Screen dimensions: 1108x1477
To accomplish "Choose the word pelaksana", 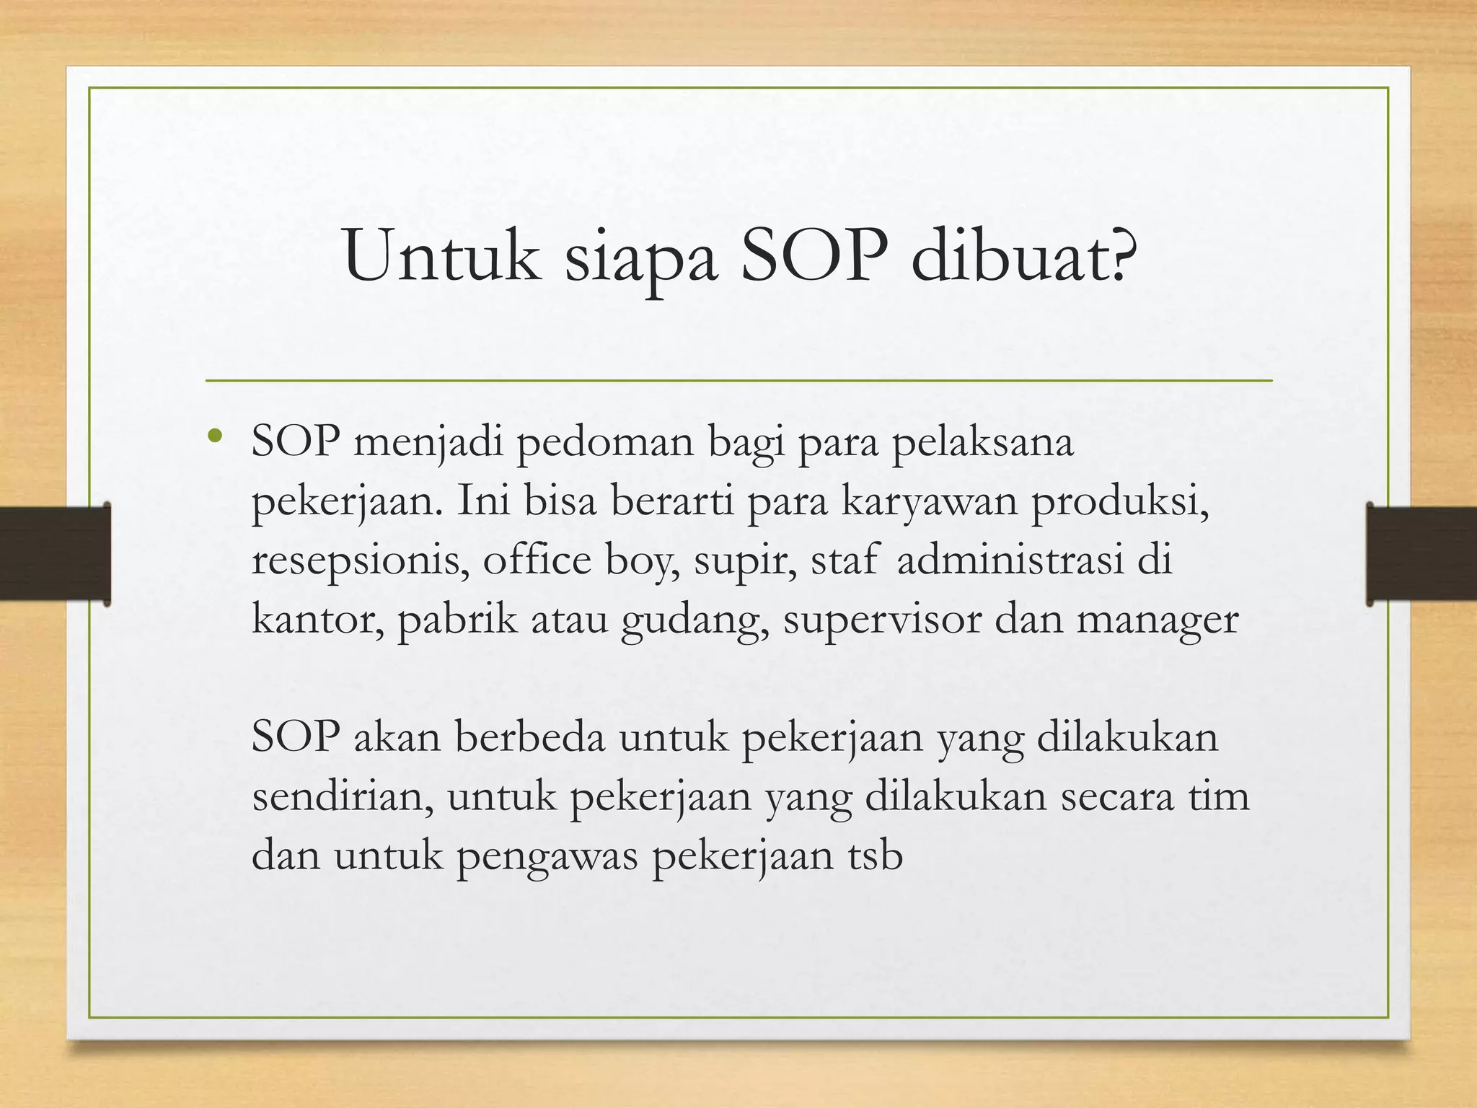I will point(982,443).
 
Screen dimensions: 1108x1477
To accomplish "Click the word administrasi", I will point(1010,561).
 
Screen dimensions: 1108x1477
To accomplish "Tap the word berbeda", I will point(530,739).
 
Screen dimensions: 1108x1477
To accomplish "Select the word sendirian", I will point(343,798).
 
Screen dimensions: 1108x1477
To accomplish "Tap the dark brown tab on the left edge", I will point(55,554).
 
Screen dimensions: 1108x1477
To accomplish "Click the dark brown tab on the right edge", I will point(1421,554).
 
